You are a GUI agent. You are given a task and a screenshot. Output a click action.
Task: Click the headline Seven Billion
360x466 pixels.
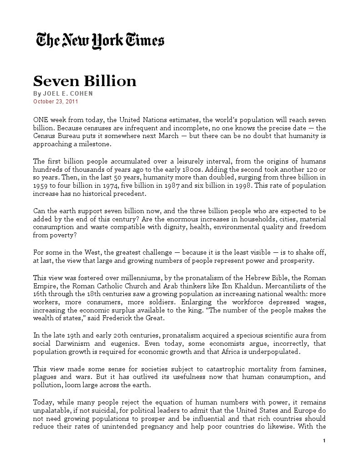[85, 81]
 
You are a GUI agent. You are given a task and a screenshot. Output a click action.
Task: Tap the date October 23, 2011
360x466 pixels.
[52, 101]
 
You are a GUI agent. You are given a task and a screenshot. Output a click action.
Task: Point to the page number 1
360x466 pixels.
[324, 440]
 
